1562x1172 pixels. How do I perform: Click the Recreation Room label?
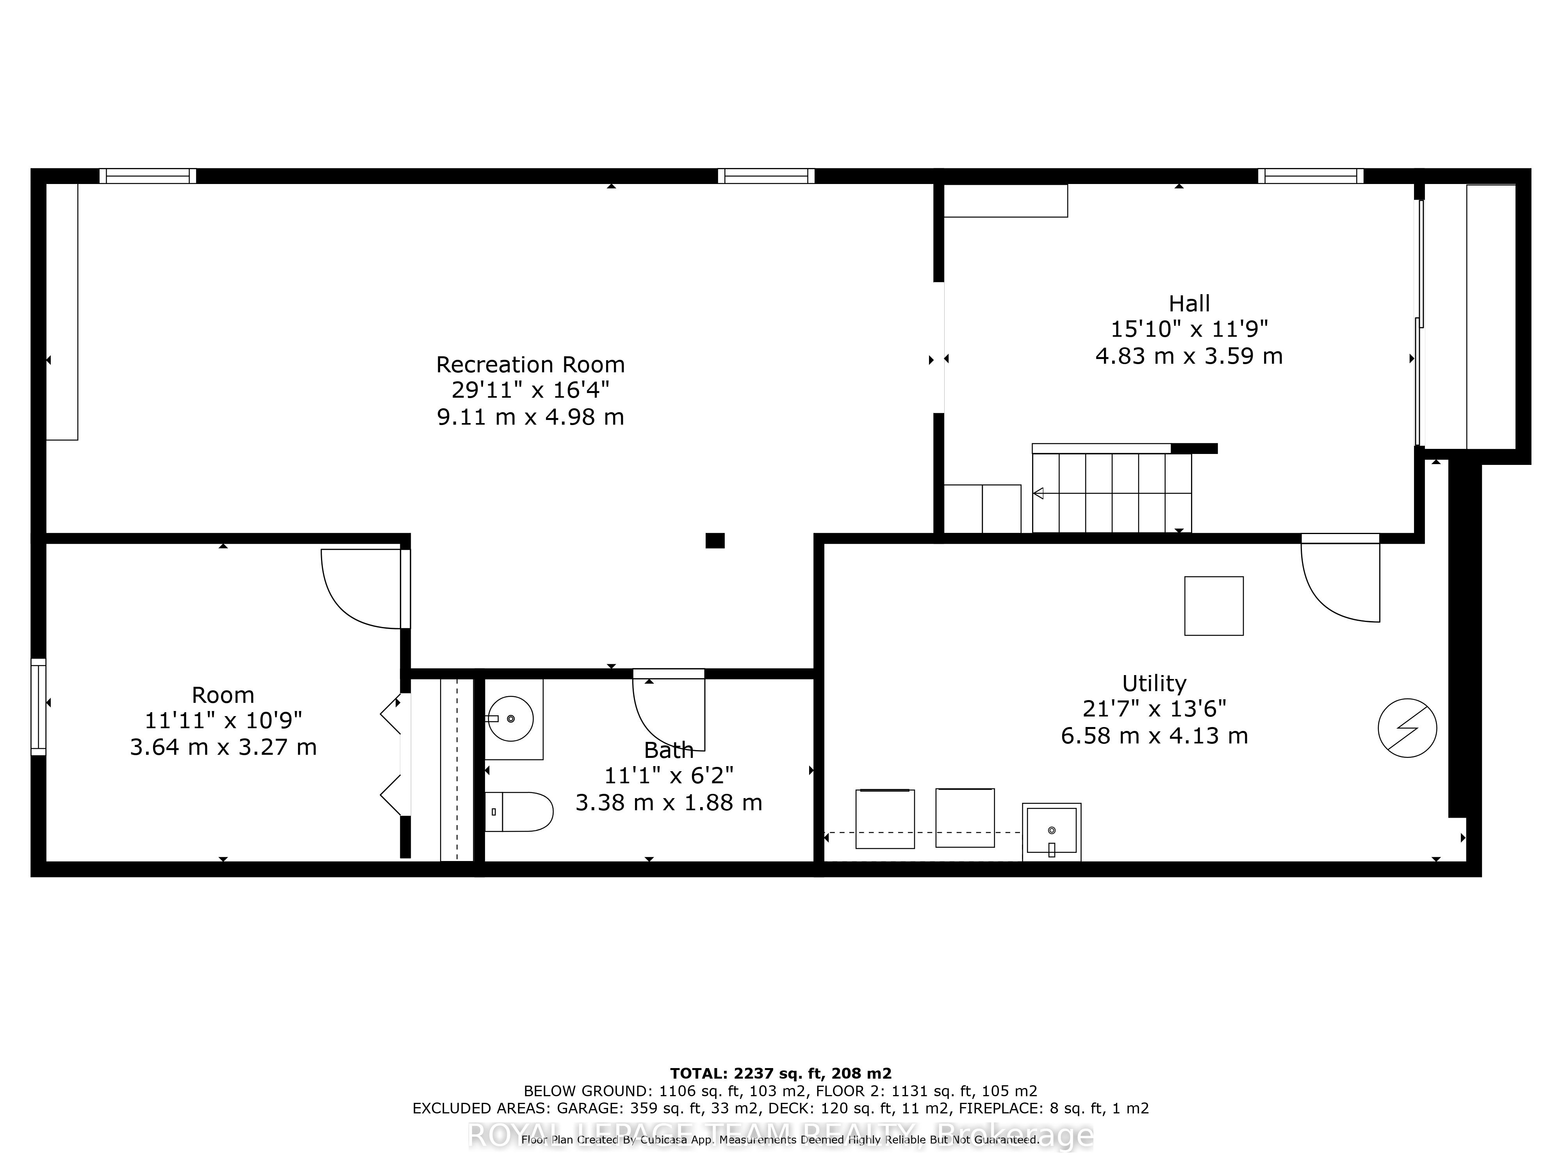530,364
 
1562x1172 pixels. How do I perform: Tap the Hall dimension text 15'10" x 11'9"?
1189,329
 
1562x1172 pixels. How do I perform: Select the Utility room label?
1154,683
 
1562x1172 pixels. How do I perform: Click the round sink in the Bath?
510,718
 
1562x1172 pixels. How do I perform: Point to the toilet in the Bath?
519,812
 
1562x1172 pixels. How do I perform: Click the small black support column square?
715,540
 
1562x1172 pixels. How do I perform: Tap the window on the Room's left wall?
38,706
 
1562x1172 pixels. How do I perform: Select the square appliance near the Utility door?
1213,606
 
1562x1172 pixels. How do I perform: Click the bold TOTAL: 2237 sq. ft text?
780,1073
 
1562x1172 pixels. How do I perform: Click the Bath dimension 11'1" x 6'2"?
669,776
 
